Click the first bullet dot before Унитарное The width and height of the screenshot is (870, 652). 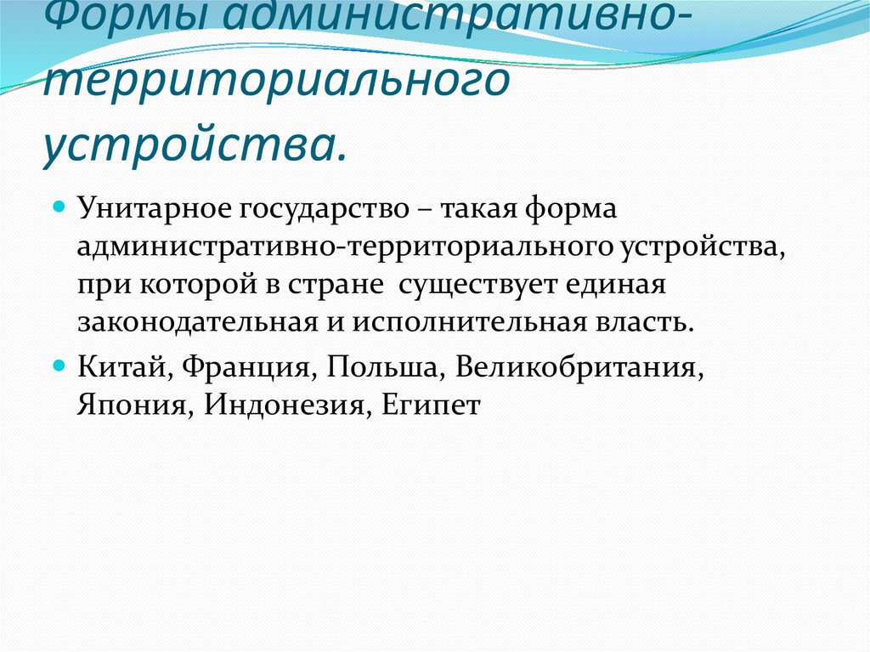point(60,207)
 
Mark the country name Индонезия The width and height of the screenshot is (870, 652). point(285,405)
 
